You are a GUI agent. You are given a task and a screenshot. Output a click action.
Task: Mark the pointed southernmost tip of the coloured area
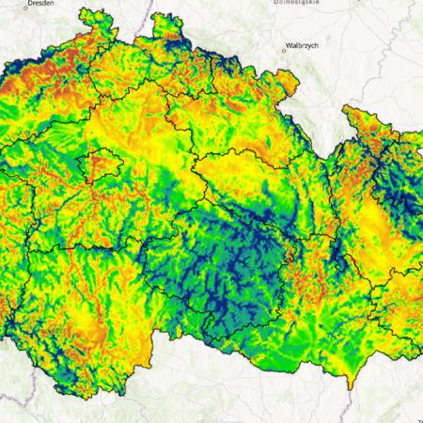[x=349, y=384]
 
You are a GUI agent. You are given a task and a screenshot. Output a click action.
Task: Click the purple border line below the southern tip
[x=350, y=404]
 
